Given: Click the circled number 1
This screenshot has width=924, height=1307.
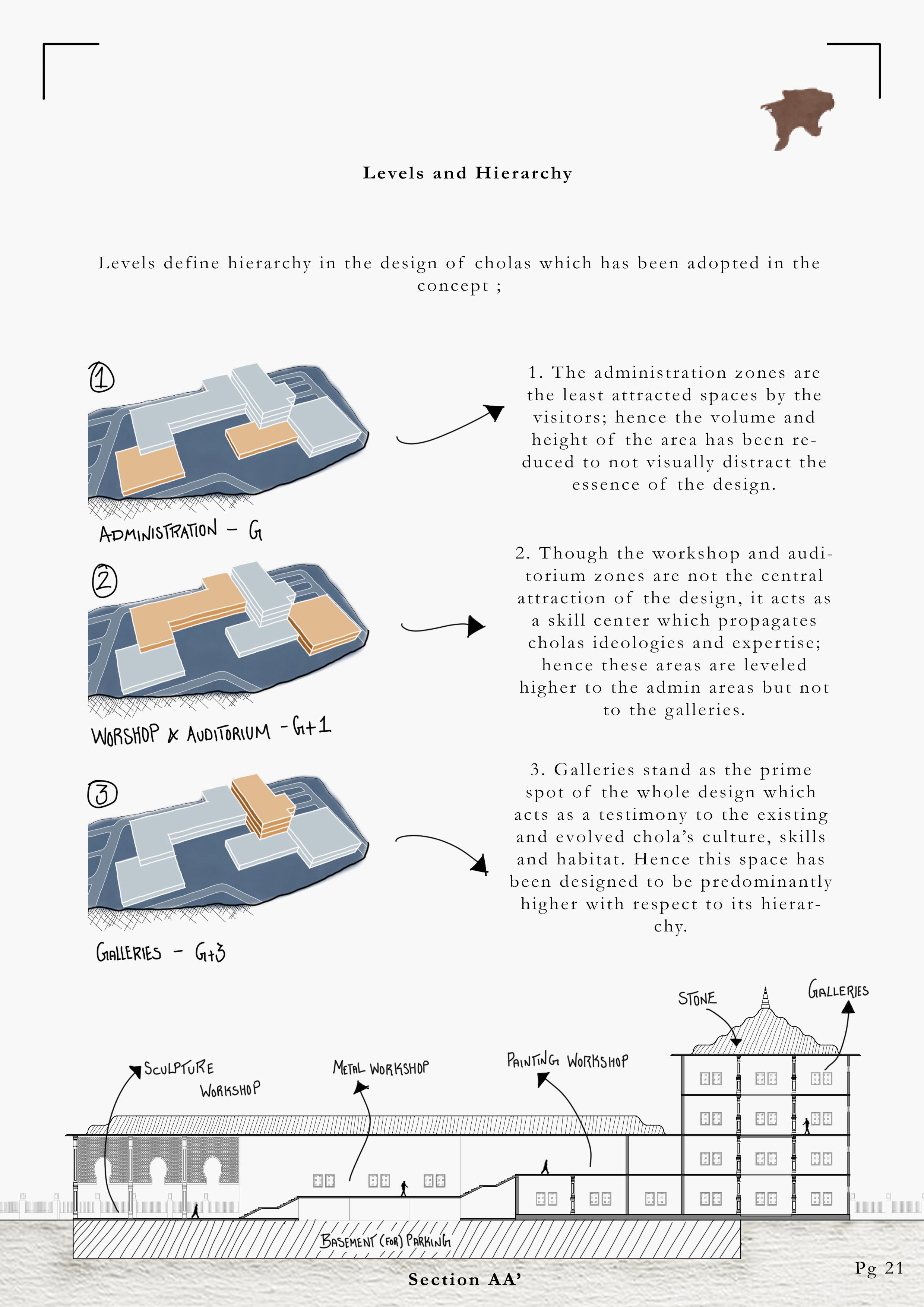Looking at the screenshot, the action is tap(101, 377).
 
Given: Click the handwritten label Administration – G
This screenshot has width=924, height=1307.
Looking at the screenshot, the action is tap(180, 531).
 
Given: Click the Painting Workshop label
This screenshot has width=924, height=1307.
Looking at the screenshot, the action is tap(567, 1060).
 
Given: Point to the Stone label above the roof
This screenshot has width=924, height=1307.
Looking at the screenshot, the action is tap(697, 999).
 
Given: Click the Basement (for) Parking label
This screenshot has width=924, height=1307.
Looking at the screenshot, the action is tap(385, 1241).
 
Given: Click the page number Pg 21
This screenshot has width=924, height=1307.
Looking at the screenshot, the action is tap(879, 1268).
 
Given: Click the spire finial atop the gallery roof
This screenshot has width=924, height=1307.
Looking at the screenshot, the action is tap(766, 998).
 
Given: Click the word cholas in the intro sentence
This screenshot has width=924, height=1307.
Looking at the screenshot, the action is tap(502, 263).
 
